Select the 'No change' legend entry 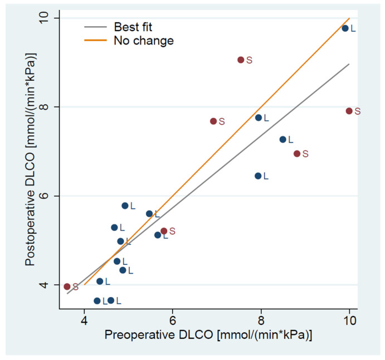pyautogui.click(x=143, y=41)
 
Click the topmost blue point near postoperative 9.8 pyautogui.click(x=345, y=28)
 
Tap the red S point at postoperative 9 pyautogui.click(x=241, y=60)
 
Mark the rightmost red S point pyautogui.click(x=349, y=111)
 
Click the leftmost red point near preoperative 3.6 pyautogui.click(x=67, y=286)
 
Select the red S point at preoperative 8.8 pyautogui.click(x=297, y=153)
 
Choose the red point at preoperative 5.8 pyautogui.click(x=164, y=231)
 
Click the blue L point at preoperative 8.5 pyautogui.click(x=282, y=139)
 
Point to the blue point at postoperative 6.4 pyautogui.click(x=258, y=176)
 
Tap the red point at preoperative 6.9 pyautogui.click(x=213, y=121)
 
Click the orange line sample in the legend pyautogui.click(x=95, y=41)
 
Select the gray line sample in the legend pyautogui.click(x=95, y=27)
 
